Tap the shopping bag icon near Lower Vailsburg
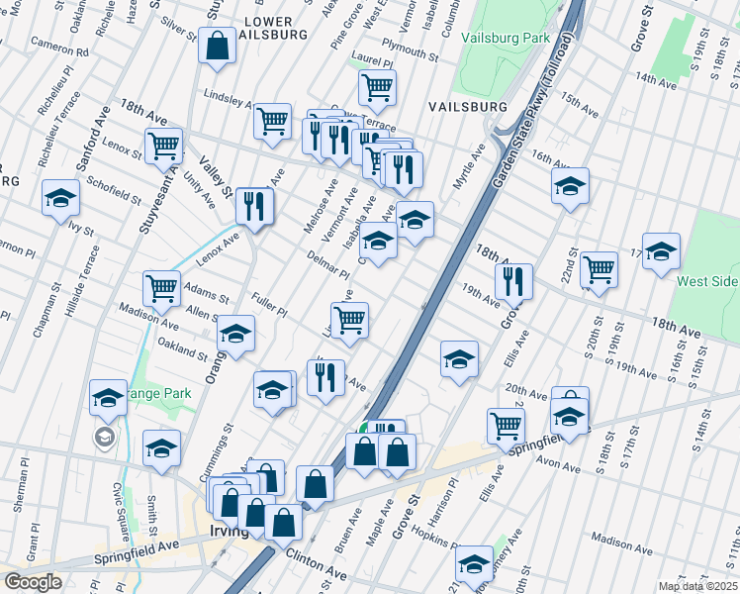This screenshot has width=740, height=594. (217, 45)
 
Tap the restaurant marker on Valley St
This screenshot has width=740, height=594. (254, 206)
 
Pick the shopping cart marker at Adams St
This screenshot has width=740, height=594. (161, 288)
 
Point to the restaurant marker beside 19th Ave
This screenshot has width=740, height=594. (513, 281)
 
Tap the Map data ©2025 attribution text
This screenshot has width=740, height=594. (697, 586)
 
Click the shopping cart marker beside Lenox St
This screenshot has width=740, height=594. (163, 146)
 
